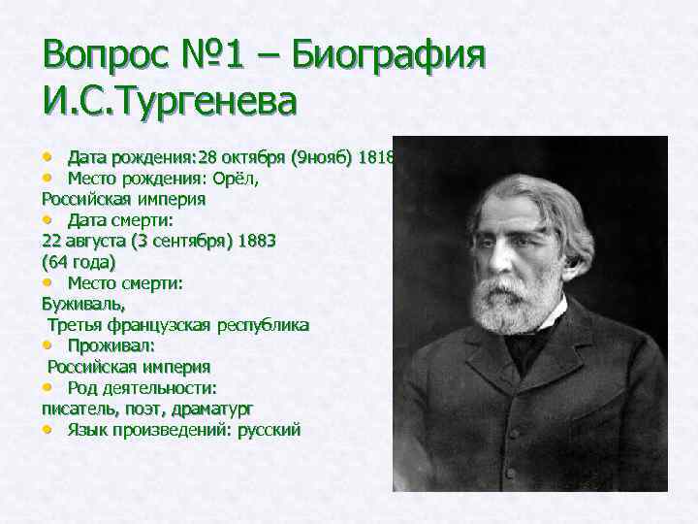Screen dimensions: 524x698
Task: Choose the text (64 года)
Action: point(79,261)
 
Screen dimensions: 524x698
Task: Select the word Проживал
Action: point(111,345)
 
